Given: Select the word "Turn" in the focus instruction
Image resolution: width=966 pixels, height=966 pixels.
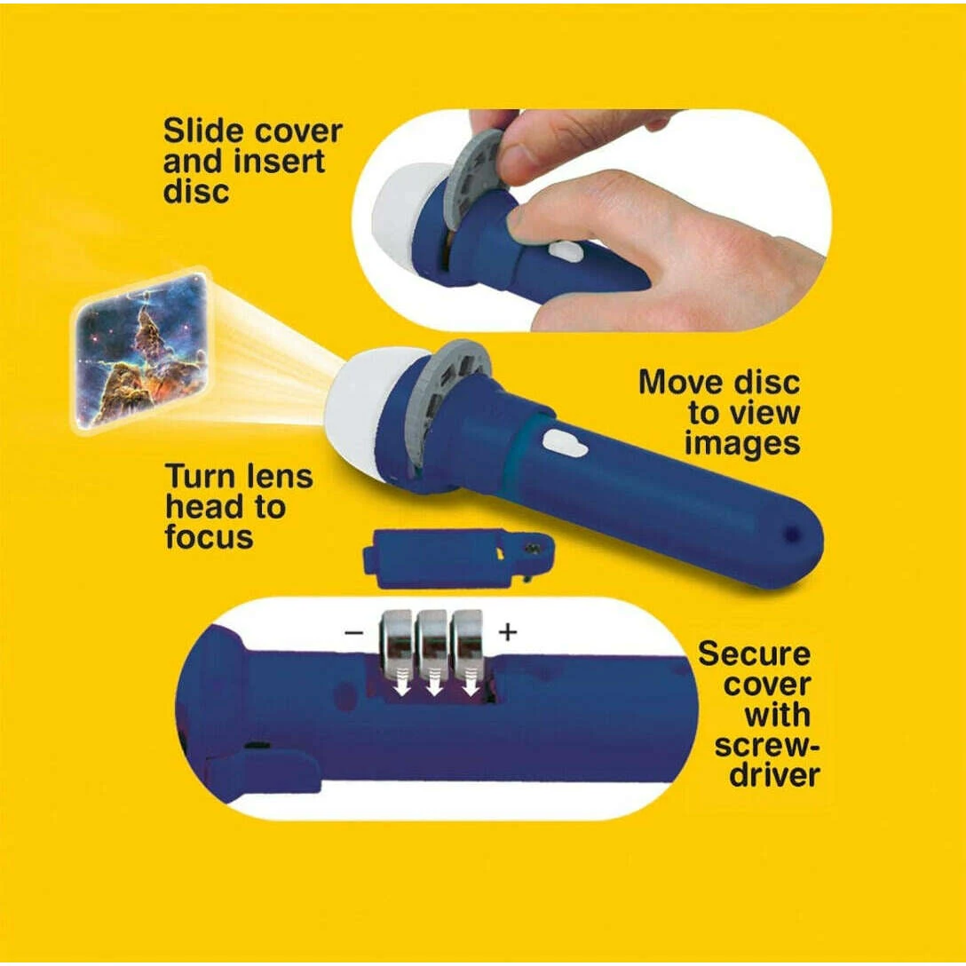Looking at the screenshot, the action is (x=198, y=478).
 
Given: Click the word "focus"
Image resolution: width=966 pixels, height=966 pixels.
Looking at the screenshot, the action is (x=209, y=536).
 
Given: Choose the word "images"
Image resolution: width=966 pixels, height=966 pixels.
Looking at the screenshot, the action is (x=742, y=442).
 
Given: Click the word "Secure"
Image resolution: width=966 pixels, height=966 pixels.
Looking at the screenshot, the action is (x=754, y=653).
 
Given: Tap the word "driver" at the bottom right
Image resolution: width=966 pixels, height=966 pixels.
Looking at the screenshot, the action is (x=774, y=775).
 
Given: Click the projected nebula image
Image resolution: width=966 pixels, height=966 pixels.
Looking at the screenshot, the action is (x=140, y=351).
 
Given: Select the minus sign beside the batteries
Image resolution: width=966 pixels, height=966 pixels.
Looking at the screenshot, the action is (x=353, y=633).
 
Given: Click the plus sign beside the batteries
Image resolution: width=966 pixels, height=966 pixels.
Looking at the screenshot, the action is (x=507, y=631).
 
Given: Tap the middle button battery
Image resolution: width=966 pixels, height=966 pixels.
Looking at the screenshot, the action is (x=432, y=644).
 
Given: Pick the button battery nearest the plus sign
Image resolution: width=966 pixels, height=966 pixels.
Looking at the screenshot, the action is (x=468, y=644).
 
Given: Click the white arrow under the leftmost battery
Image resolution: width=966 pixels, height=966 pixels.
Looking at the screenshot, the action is (x=401, y=685).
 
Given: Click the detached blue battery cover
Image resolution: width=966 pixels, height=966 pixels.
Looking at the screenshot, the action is (x=458, y=558).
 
